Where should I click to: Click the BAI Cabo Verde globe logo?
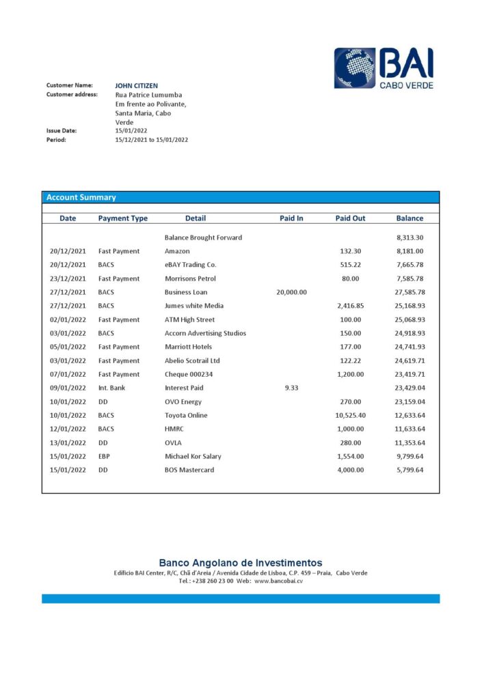click(x=355, y=68)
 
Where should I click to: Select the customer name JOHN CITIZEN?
click(x=137, y=86)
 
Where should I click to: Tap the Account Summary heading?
click(x=81, y=197)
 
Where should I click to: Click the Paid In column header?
click(x=291, y=218)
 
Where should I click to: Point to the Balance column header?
click(x=410, y=218)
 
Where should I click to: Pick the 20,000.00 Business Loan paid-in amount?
click(x=291, y=292)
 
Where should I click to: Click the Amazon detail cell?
click(x=177, y=251)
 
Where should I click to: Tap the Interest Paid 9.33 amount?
click(x=291, y=388)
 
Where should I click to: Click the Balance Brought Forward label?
click(x=203, y=238)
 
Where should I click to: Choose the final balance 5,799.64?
click(x=410, y=470)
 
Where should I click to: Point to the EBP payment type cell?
click(x=105, y=456)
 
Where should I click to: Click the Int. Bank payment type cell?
click(x=111, y=388)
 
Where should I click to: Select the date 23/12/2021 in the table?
click(x=68, y=279)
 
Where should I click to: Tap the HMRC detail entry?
click(x=174, y=429)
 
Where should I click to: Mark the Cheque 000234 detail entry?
click(x=188, y=374)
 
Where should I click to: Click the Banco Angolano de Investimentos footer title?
click(x=241, y=563)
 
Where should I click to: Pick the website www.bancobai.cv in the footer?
click(x=278, y=581)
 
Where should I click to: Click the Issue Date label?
click(x=62, y=130)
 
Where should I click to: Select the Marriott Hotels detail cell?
click(x=188, y=347)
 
